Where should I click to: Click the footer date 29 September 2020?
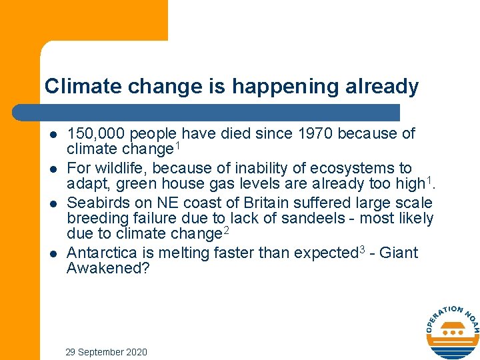(x=106, y=352)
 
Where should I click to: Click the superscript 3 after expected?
(x=363, y=249)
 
